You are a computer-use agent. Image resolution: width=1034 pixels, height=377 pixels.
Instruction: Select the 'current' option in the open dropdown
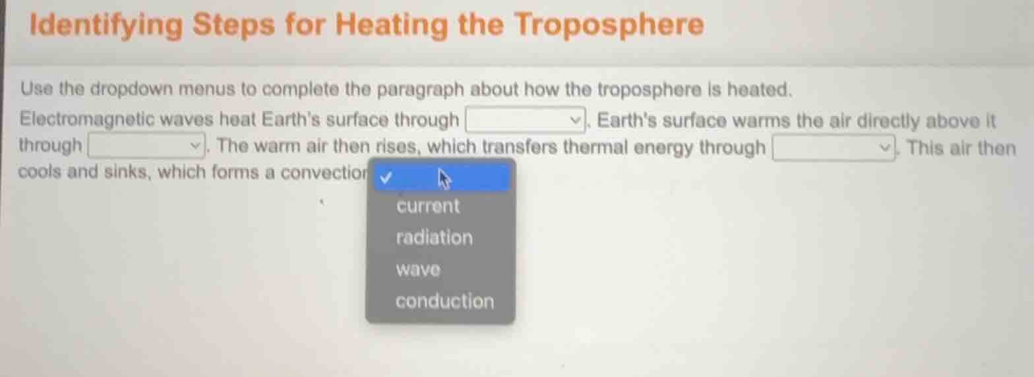coord(428,206)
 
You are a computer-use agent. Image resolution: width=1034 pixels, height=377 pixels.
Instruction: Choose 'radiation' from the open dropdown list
coord(434,238)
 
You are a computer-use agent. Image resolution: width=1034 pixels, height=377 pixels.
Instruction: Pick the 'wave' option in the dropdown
coord(418,269)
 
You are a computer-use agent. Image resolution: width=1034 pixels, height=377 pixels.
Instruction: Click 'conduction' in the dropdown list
coord(444,302)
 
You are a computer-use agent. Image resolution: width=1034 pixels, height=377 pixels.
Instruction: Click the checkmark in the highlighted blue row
coord(386,177)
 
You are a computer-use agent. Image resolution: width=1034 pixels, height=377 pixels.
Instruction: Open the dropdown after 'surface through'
coord(526,120)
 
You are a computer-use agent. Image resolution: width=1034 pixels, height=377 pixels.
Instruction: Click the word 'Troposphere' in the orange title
coord(608,26)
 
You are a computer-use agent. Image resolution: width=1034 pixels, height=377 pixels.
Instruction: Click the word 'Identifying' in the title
coord(106,26)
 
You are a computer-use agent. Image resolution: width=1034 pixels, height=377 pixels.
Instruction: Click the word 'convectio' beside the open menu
coord(323,173)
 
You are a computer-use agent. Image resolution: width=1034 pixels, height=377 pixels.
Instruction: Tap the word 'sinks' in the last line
coord(128,173)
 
